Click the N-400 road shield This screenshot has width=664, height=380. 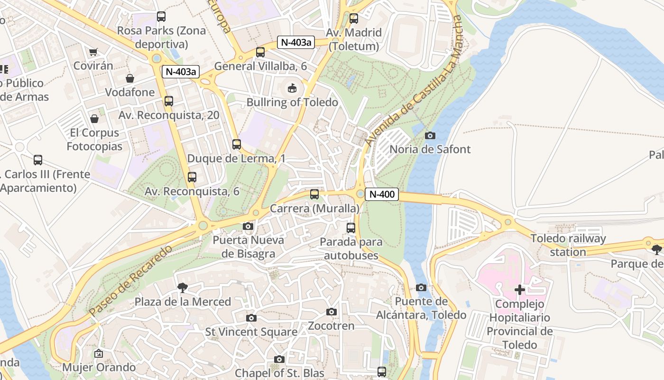(382, 194)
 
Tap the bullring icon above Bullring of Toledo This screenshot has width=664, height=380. (292, 88)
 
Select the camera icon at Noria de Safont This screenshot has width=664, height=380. (430, 136)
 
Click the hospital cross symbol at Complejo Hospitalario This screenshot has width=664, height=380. (520, 290)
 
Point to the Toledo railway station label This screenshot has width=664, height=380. (568, 245)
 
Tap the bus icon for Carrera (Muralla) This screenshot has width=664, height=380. (314, 194)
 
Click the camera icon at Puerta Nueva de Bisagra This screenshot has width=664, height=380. (248, 227)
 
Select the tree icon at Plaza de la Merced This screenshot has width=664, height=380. (182, 287)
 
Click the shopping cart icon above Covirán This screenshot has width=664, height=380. (93, 52)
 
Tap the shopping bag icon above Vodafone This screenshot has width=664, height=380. (130, 78)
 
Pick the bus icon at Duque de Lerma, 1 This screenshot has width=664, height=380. (237, 144)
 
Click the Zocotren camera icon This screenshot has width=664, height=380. (332, 312)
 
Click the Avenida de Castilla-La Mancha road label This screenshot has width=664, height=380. (413, 81)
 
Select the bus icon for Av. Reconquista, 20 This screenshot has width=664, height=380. (169, 101)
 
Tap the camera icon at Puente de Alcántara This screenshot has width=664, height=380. (421, 288)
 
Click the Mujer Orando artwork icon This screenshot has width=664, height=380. (99, 353)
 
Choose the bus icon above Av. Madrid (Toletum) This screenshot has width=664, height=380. (354, 19)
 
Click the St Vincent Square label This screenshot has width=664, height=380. (251, 332)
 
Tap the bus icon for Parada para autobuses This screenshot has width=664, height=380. (351, 228)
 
